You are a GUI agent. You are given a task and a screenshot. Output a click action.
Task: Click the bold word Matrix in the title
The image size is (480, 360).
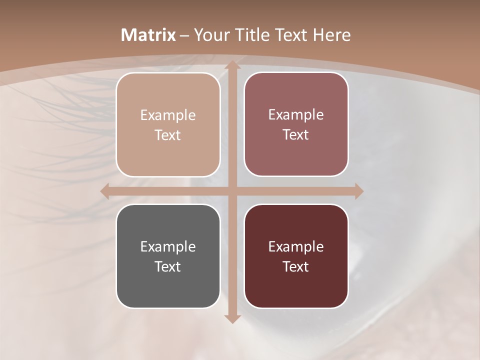pos(148,35)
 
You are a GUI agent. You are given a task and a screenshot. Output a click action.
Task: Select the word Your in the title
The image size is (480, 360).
pos(210,35)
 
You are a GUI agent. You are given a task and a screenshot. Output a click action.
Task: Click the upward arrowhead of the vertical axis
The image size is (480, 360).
pos(231,65)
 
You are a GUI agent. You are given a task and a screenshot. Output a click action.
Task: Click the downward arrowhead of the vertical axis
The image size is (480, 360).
pos(231,318)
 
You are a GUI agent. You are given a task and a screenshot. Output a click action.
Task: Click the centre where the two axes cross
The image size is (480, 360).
pos(231,191)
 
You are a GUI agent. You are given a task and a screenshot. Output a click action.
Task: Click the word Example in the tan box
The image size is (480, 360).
pos(168,115)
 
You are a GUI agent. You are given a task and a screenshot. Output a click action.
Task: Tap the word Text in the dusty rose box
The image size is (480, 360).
pos(296,135)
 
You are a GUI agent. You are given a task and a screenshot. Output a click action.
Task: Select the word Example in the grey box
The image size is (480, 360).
pos(168,247)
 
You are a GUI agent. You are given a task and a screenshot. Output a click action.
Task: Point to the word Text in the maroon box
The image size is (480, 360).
pos(296,266)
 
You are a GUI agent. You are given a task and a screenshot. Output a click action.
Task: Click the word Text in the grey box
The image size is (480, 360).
pos(168,266)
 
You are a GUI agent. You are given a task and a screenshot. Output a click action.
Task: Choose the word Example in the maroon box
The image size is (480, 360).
pos(296,247)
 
